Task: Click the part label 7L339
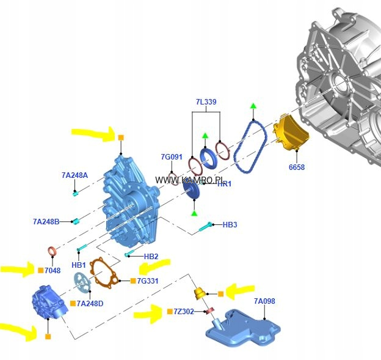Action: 206,101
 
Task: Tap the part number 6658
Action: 297,167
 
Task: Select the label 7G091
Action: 172,157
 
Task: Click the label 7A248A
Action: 74,175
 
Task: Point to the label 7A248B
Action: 46,221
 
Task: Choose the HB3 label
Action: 230,225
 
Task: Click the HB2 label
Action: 151,256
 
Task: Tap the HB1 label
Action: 79,265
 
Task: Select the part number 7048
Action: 53,270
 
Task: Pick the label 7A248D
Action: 90,304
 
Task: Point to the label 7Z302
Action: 184,312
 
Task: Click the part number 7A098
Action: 264,301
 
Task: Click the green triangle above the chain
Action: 253,107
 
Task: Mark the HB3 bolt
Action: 205,227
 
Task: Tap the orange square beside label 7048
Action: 40,270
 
